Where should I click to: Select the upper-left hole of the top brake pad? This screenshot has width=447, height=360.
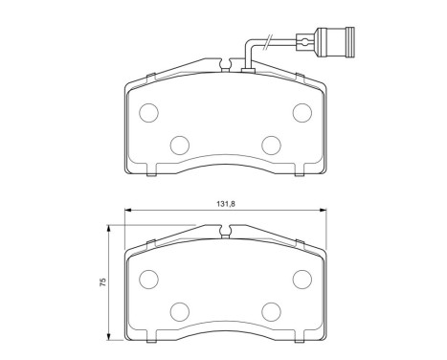148,113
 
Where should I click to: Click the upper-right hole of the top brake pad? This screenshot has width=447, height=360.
301,113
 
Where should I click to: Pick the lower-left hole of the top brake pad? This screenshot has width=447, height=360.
179,145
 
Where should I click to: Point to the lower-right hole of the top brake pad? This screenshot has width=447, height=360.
270,145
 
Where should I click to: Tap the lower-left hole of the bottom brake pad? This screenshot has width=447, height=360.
179,310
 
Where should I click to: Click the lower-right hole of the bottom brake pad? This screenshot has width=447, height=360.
270,310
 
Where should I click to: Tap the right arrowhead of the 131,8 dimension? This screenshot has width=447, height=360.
324,211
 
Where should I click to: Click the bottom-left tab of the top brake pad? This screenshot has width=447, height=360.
154,174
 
